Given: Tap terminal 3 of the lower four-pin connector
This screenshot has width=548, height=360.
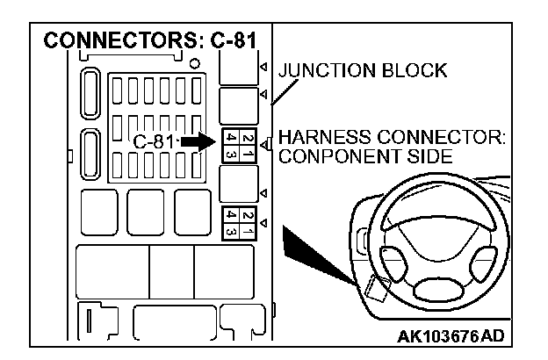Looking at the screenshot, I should (228, 231).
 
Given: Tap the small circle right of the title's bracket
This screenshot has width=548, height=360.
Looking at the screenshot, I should (193, 65).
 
